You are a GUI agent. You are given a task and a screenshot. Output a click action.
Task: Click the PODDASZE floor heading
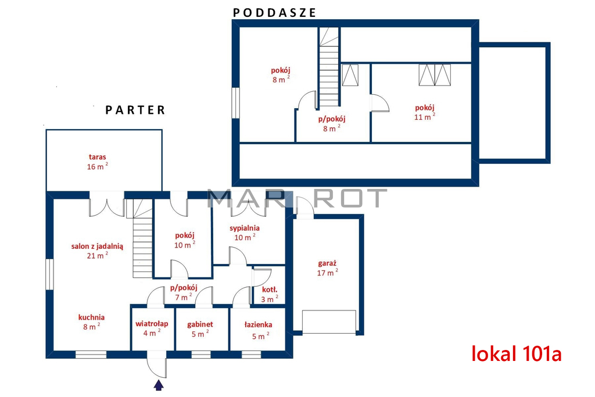pyautogui.click(x=274, y=13)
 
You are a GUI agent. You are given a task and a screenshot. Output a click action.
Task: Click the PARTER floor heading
pyautogui.click(x=135, y=110)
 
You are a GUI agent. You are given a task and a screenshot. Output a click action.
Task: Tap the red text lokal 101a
pyautogui.click(x=517, y=354)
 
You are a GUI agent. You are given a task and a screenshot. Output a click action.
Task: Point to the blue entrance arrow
pyautogui.click(x=159, y=385)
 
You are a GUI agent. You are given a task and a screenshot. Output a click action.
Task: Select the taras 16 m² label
pyautogui.click(x=98, y=162)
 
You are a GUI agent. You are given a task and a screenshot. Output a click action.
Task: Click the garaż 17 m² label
pyautogui.click(x=328, y=268)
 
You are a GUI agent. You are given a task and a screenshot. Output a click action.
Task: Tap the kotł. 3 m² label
pyautogui.click(x=270, y=295)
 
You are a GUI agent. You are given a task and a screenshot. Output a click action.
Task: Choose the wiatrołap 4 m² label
pyautogui.click(x=152, y=328)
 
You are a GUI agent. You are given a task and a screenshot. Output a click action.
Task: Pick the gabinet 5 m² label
pyautogui.click(x=200, y=329)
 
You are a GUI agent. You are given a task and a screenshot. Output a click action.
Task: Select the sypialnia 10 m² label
pyautogui.click(x=245, y=233)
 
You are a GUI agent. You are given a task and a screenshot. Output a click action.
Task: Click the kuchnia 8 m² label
pyautogui.click(x=91, y=322)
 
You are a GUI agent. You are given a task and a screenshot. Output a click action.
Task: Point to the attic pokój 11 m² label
pyautogui.click(x=425, y=112)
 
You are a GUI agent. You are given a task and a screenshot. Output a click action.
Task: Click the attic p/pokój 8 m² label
pyautogui.click(x=332, y=124)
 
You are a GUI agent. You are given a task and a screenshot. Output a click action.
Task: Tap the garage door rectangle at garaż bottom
pyautogui.click(x=329, y=322)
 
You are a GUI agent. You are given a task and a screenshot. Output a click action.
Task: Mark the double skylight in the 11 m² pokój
pyautogui.click(x=435, y=75)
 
